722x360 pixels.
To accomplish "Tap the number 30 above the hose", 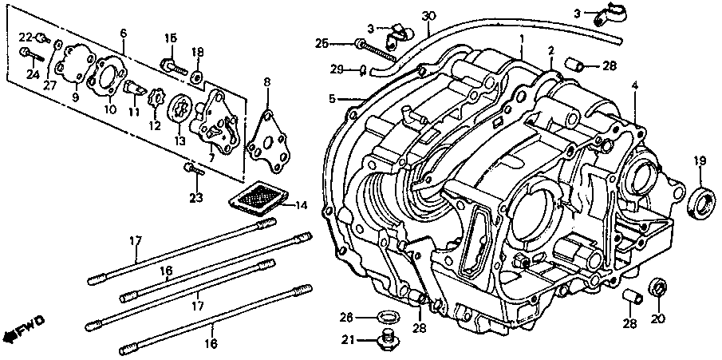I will (428, 16).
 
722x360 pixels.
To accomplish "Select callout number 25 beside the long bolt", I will (321, 42).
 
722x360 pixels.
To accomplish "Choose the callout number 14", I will (301, 206).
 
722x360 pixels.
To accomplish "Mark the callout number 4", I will (635, 85).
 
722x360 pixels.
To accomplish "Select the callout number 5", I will (332, 99).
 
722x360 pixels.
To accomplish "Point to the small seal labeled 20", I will (660, 287).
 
